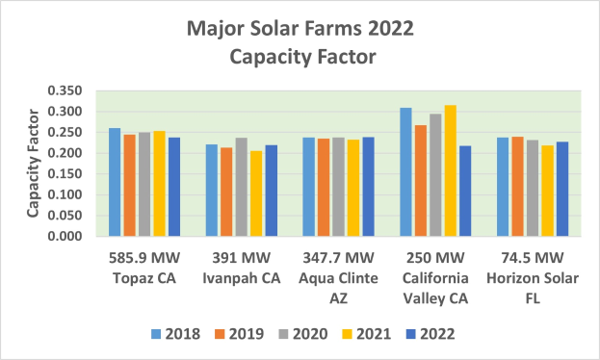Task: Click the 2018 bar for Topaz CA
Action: point(115,182)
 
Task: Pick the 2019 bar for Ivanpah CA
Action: point(226,192)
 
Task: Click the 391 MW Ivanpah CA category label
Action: point(242,267)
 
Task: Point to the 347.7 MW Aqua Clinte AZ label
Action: point(338,275)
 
